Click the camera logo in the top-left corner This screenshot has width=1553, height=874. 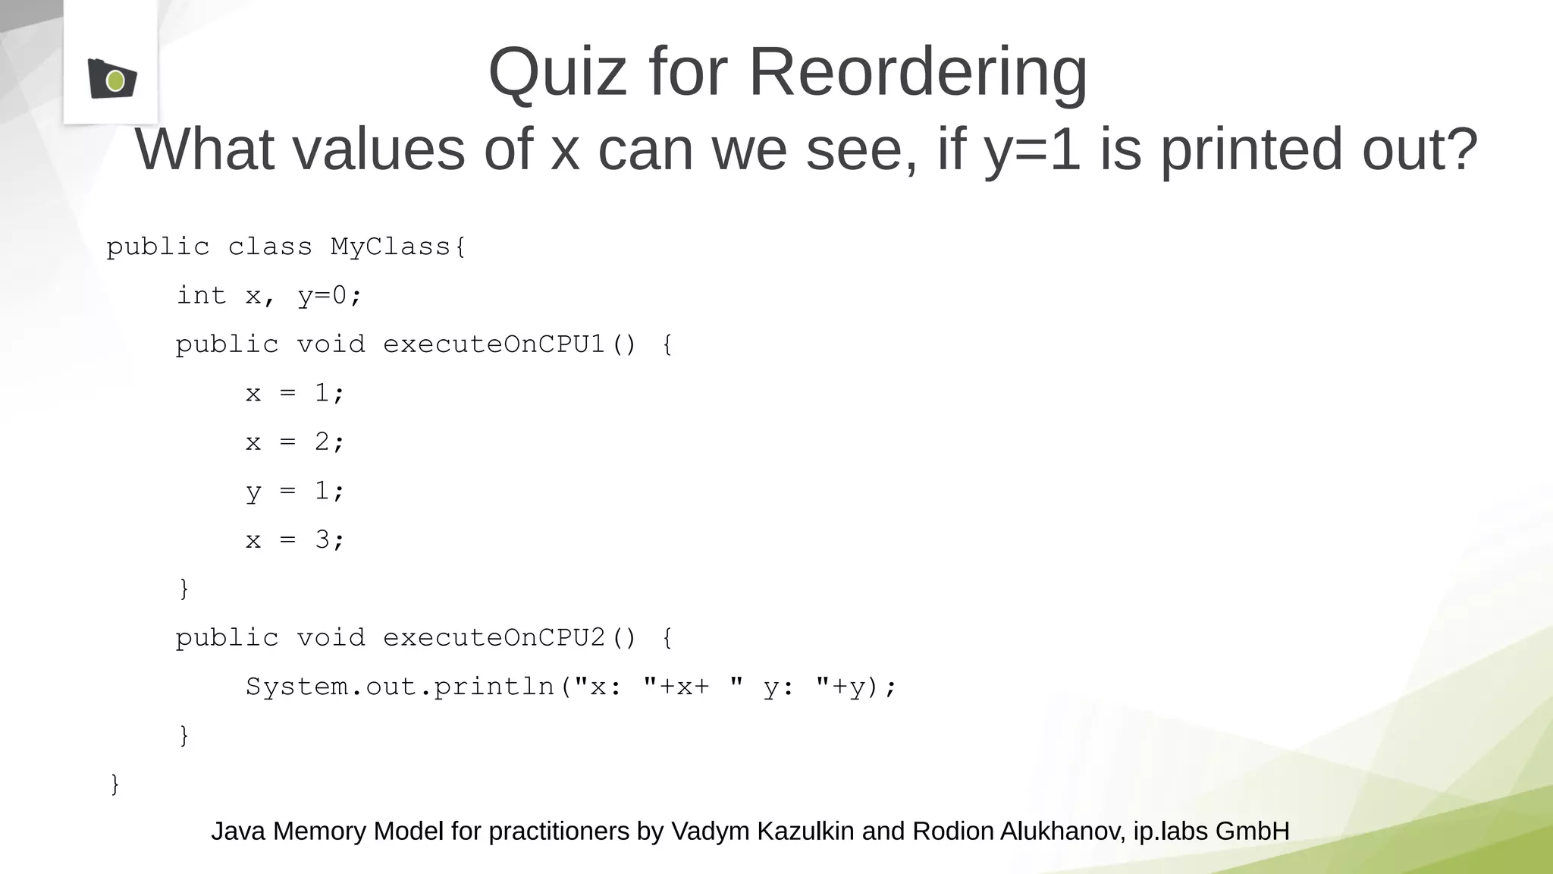[111, 78]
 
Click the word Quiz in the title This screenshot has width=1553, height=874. [557, 72]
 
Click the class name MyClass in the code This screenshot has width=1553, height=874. [391, 247]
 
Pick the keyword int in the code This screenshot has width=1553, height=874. [201, 295]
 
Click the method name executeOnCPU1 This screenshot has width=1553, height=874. [494, 344]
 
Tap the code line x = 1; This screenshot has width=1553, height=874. [294, 393]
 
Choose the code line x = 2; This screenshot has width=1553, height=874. [294, 442]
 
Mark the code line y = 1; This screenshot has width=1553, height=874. [294, 492]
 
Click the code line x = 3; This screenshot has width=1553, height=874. [294, 540]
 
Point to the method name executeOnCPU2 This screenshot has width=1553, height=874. [494, 638]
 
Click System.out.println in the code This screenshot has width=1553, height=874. [400, 687]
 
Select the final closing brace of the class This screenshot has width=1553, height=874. [115, 784]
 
